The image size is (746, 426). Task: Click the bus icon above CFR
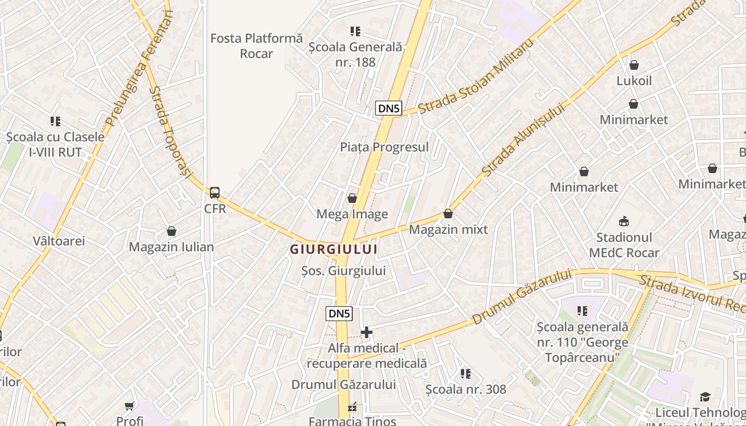tap(215, 193)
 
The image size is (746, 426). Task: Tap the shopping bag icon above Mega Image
tap(352, 199)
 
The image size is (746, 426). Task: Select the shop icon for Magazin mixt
tap(448, 214)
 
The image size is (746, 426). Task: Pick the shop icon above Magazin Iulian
tap(172, 231)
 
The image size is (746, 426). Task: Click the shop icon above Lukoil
tap(634, 65)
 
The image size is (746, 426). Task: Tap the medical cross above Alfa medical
tap(367, 333)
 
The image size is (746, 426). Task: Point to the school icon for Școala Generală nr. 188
tap(355, 31)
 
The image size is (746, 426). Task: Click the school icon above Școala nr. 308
tap(466, 374)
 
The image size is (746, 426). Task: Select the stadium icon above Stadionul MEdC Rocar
tap(624, 221)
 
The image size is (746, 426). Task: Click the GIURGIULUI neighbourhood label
tap(334, 249)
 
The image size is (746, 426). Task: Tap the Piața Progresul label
tap(384, 147)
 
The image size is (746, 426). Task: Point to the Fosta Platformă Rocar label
tap(256, 46)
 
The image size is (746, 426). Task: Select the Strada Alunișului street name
tap(523, 140)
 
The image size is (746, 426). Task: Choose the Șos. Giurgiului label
tap(344, 271)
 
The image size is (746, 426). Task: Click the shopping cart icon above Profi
tap(129, 406)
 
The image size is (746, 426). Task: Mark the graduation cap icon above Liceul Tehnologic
tap(705, 397)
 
